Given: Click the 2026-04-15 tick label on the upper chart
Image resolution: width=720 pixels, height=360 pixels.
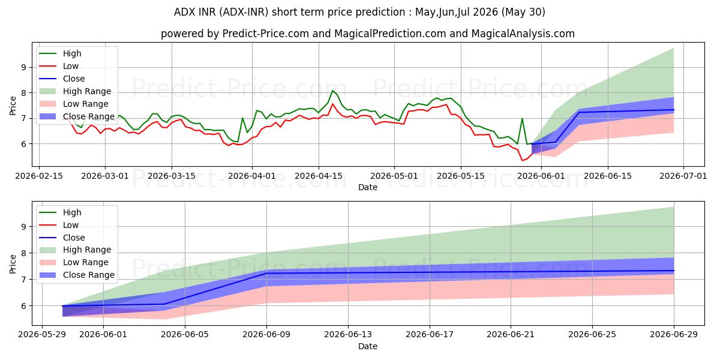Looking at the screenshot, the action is tap(318, 176).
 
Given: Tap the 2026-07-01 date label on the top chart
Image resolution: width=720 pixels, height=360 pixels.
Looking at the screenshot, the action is tap(683, 176).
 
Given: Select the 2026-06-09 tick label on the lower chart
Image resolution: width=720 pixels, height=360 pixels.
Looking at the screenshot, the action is tap(266, 335).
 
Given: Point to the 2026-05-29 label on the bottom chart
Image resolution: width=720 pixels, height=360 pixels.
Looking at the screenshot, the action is tap(42, 335).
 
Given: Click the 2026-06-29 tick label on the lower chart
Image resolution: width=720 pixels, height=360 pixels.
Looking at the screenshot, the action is tap(674, 335).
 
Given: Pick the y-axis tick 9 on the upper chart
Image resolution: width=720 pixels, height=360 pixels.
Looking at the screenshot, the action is tap(23, 67).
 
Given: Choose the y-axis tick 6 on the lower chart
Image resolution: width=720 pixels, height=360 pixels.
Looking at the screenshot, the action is tap(23, 306).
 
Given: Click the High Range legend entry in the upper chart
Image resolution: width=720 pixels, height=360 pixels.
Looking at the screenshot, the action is tap(75, 91).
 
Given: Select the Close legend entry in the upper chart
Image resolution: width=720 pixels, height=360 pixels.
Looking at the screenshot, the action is tap(62, 79).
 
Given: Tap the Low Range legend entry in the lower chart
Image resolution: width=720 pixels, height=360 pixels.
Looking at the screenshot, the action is tap(74, 262).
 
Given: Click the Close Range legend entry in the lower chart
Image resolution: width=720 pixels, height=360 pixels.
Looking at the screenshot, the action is tap(77, 275).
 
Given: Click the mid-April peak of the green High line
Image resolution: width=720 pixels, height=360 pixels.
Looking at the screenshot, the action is tap(332, 91).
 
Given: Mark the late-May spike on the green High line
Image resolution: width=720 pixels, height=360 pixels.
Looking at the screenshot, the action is tap(522, 118).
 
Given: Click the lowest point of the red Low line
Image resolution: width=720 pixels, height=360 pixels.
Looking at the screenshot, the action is tap(522, 160).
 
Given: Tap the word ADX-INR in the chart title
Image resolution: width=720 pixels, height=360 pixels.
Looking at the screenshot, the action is tap(245, 12).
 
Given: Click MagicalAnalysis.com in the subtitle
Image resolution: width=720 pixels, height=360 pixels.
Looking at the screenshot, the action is tap(523, 34).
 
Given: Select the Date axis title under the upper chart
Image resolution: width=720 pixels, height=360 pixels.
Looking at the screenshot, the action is tap(368, 187).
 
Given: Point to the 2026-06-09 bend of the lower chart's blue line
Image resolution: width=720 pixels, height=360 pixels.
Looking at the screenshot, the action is tap(266, 273).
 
